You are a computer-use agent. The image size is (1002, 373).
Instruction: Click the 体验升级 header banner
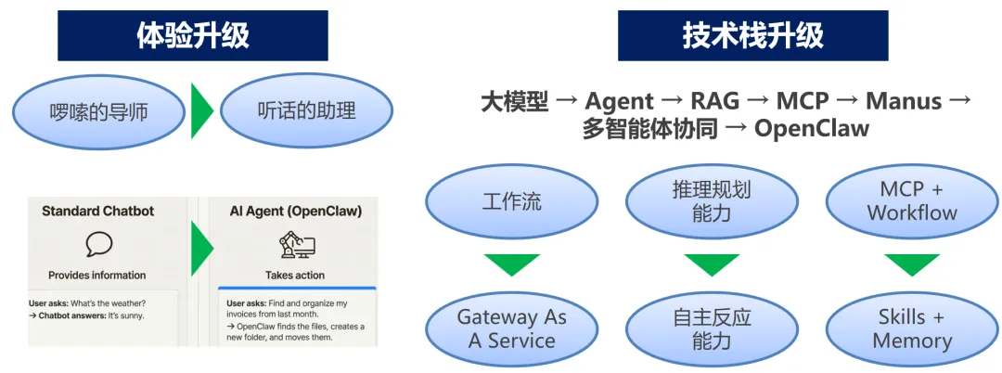click(193, 35)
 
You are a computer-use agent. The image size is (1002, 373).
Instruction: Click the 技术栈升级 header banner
click(752, 35)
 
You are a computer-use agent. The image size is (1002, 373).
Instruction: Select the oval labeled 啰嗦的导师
click(99, 112)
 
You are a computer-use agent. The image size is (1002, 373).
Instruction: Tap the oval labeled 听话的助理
click(306, 112)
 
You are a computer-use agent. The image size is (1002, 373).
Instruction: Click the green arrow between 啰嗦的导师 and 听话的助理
click(201, 111)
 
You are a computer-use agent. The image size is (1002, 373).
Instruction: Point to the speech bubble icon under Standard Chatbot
click(97, 244)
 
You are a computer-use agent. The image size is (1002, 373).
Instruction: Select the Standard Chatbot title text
click(97, 212)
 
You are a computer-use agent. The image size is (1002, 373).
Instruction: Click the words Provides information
click(97, 276)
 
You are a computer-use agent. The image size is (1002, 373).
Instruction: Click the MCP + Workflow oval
click(911, 201)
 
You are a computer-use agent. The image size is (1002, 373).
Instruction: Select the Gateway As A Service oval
click(511, 328)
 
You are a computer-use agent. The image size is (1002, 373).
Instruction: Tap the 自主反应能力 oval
click(712, 328)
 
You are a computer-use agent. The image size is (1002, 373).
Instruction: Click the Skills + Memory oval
click(911, 328)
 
